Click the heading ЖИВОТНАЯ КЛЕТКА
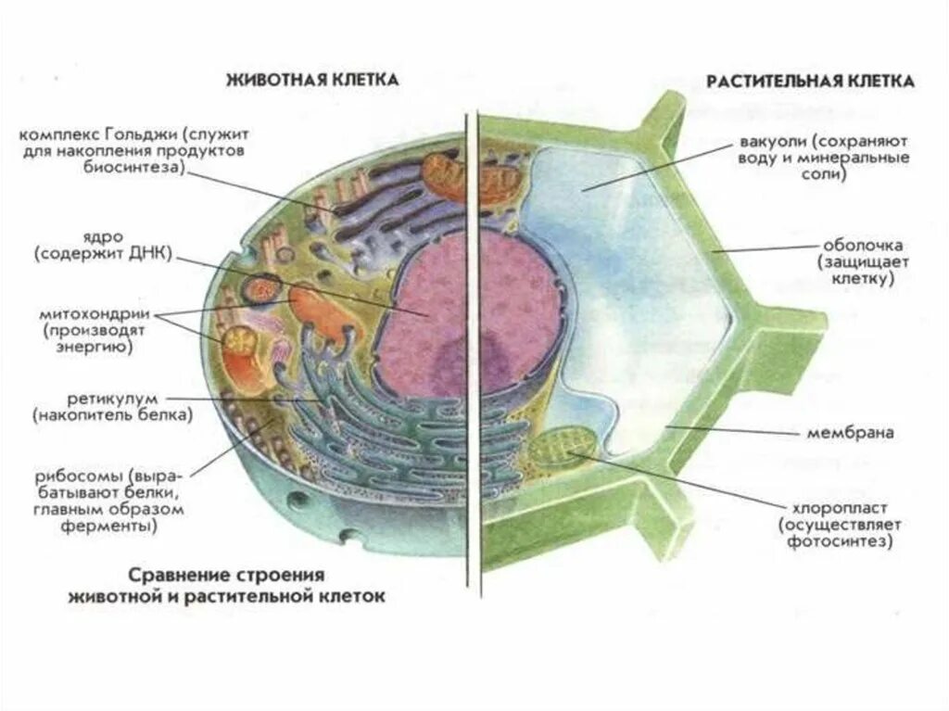(312, 81)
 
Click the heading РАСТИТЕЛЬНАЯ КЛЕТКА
(811, 82)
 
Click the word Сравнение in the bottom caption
(171, 576)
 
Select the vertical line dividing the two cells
(478, 371)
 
